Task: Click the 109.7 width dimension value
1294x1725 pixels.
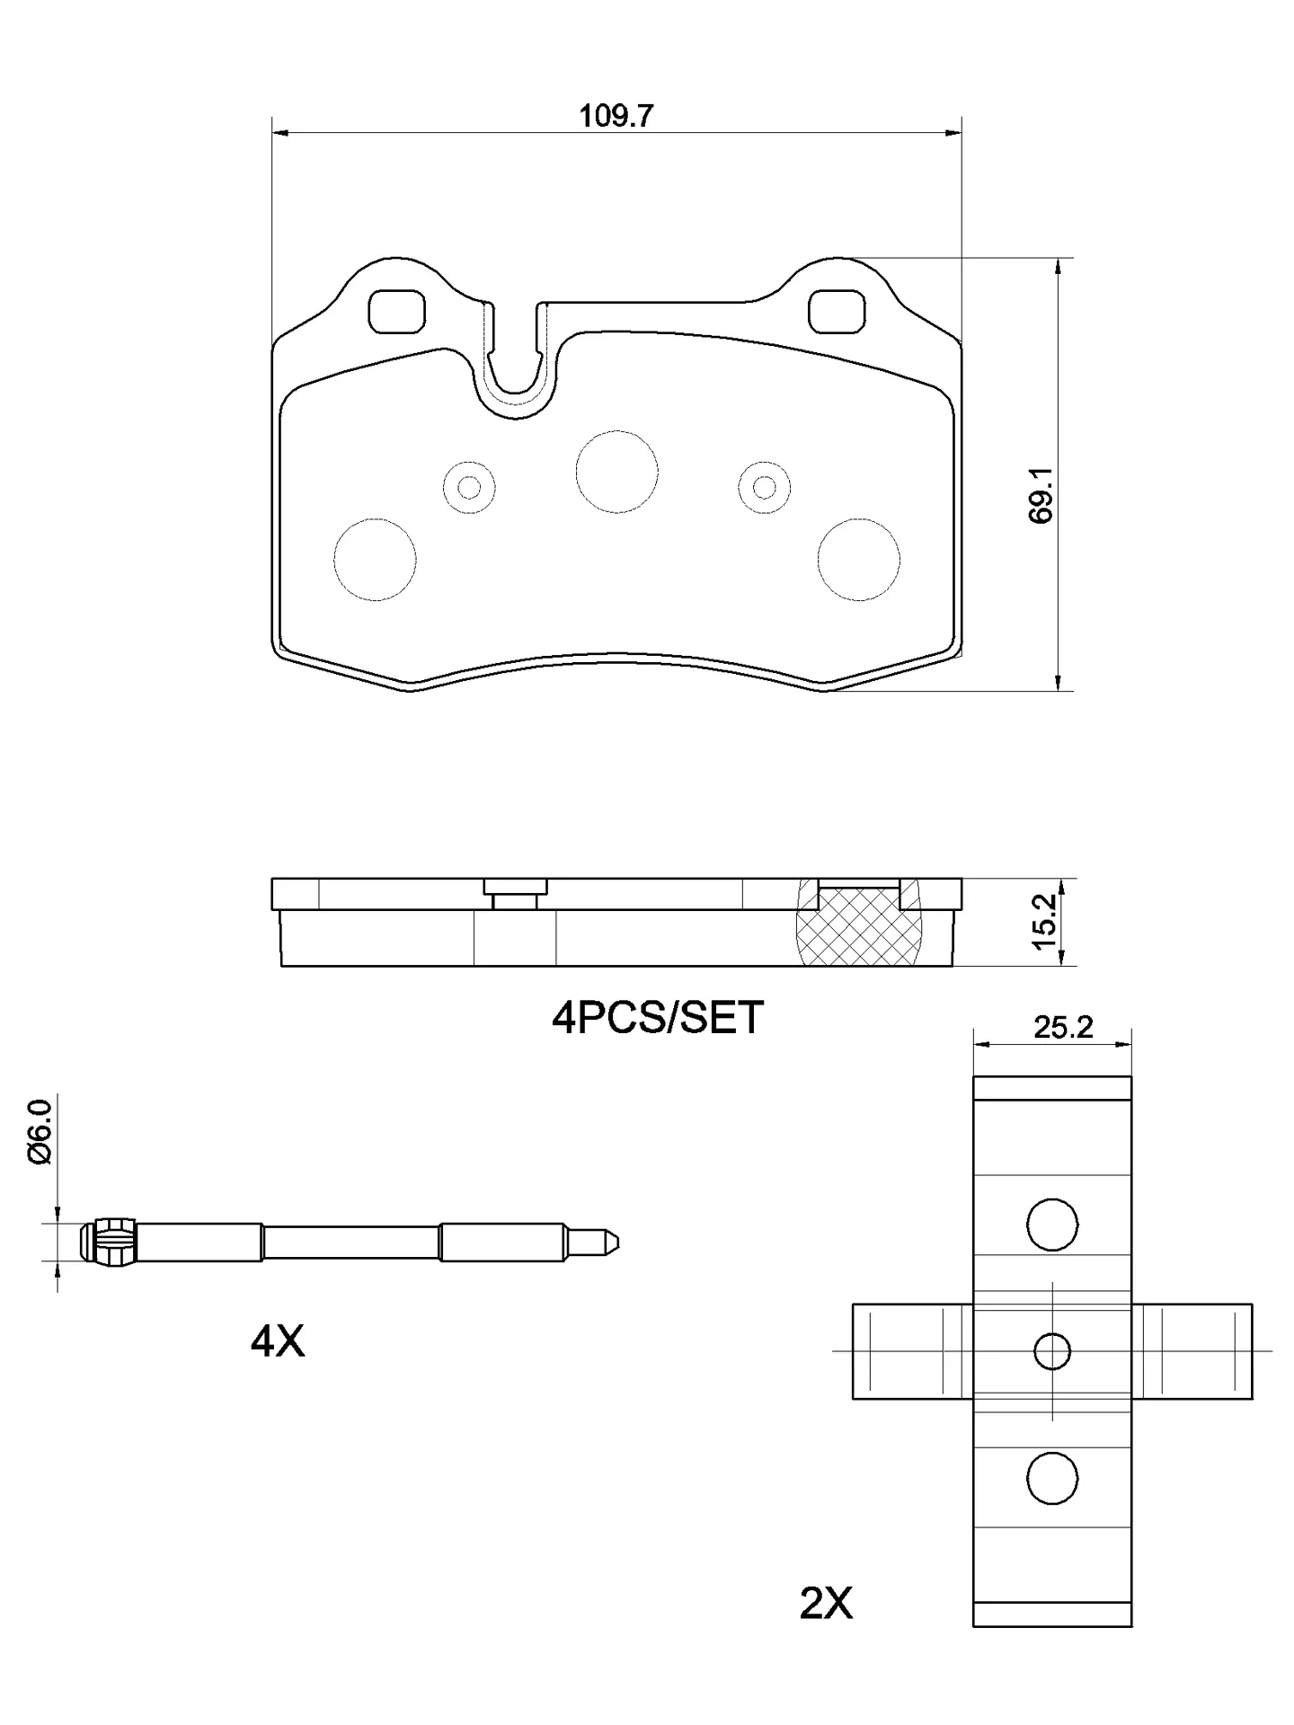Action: point(616,116)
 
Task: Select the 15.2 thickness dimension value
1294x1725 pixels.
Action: point(1044,921)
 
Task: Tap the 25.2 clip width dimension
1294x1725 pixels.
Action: point(1062,1027)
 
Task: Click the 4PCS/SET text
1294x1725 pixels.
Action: point(657,1018)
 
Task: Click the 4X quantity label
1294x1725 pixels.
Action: point(278,1342)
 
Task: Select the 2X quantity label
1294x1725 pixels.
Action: point(826,1603)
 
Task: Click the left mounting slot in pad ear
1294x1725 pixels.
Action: point(396,311)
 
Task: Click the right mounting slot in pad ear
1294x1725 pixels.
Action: point(836,311)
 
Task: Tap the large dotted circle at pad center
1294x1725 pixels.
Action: point(616,472)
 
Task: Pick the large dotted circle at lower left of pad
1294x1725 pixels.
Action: point(375,559)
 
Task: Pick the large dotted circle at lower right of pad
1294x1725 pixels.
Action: point(858,559)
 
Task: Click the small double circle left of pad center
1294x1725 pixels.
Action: point(469,488)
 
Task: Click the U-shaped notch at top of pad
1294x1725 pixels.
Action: point(516,359)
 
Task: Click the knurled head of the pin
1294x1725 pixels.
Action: point(112,1243)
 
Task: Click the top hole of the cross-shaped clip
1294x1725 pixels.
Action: point(1051,1224)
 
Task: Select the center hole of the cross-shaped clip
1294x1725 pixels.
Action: point(1051,1350)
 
